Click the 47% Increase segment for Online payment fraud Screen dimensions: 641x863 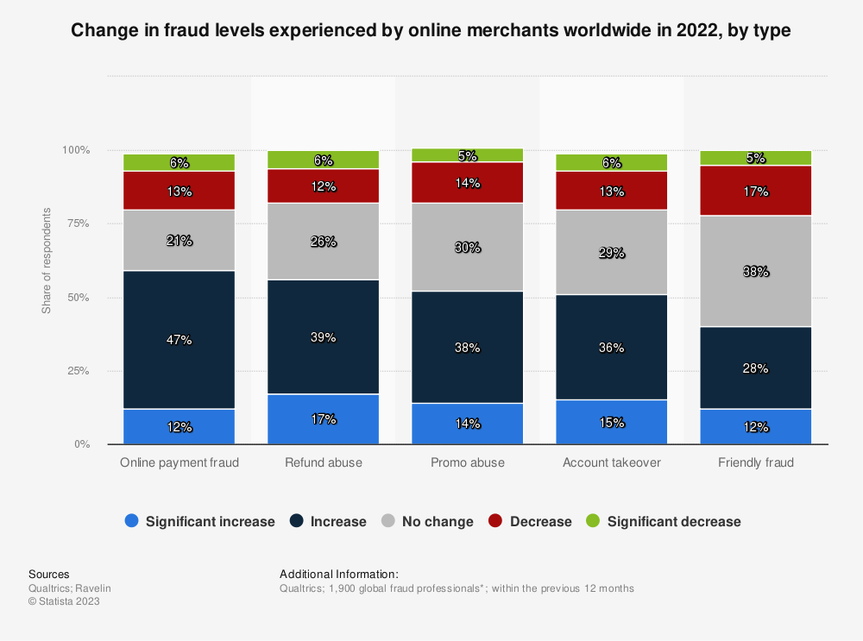pos(180,339)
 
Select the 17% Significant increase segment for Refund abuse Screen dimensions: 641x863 pos(324,419)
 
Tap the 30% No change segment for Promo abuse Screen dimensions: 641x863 pos(468,247)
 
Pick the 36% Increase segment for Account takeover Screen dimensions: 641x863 pos(611,347)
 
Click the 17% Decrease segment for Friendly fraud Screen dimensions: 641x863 pos(755,191)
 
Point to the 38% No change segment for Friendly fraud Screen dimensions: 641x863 pos(755,271)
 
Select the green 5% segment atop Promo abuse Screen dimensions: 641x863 pos(468,155)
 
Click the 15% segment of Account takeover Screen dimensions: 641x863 pos(611,422)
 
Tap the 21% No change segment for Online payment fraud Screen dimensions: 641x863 pos(180,240)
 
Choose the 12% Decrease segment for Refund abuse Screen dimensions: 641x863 pos(324,185)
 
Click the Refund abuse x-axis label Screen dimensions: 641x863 pos(324,462)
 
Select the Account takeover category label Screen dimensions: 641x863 pos(611,462)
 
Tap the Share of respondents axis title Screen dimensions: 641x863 pos(47,260)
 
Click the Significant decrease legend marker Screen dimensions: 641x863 pos(592,521)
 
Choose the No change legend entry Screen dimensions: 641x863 pos(427,521)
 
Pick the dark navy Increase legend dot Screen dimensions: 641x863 pos(298,521)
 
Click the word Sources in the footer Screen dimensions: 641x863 pos(49,574)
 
